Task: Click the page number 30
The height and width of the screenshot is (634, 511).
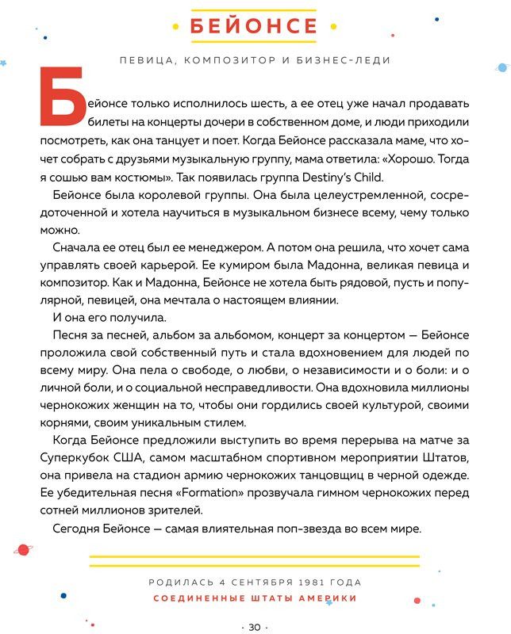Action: [255, 626]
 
